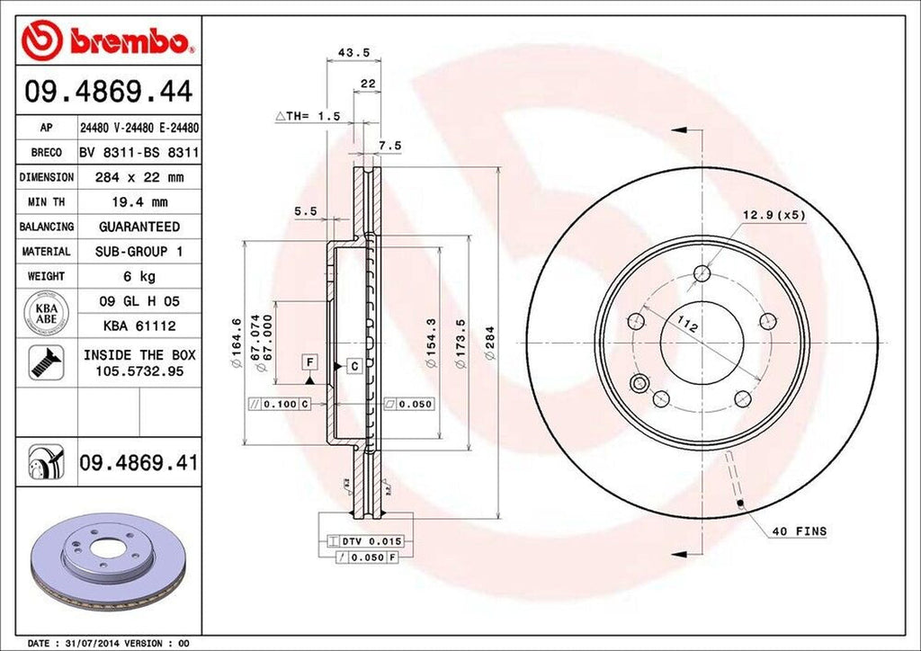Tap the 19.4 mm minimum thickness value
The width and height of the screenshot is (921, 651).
click(x=139, y=202)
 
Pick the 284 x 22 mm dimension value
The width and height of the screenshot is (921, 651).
click(x=139, y=177)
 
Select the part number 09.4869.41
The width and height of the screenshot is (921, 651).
click(x=139, y=463)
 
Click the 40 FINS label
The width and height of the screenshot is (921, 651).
click(x=799, y=531)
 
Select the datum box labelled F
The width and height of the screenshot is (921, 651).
click(x=308, y=361)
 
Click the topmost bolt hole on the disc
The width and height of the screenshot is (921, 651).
click(x=702, y=273)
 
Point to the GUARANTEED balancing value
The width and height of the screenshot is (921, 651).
click(x=139, y=227)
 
